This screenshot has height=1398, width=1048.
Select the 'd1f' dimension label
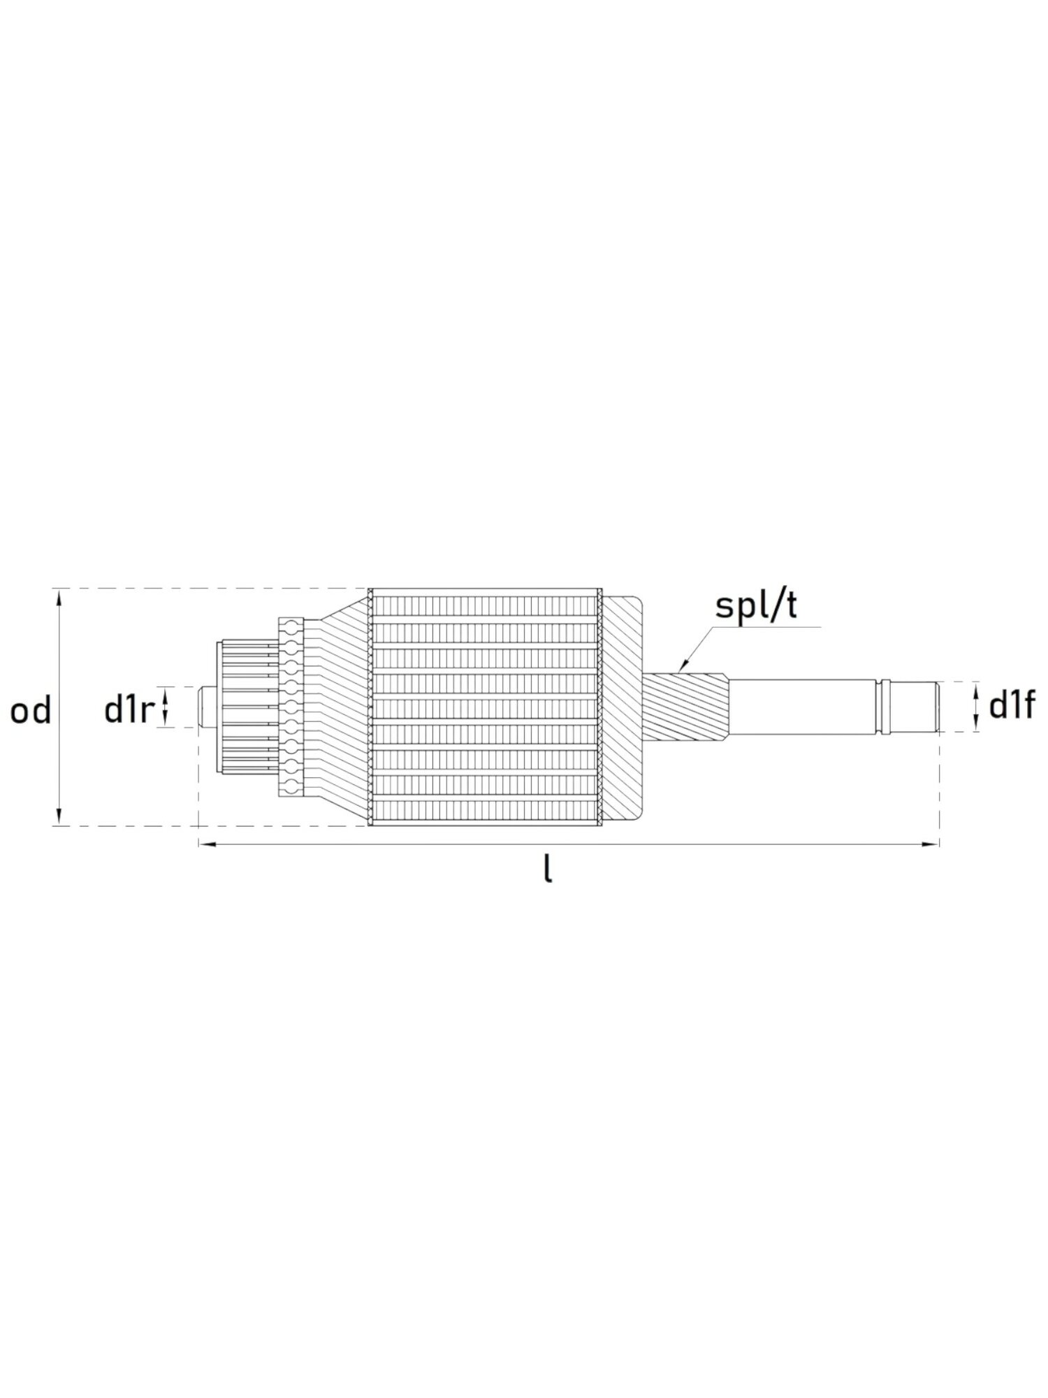(1011, 707)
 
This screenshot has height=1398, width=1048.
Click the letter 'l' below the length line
(548, 870)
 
